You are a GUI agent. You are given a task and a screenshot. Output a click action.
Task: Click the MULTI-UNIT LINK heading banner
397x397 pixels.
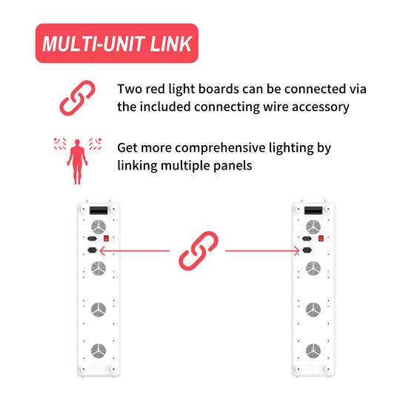(117, 43)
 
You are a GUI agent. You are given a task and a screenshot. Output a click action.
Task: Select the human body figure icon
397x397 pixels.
(78, 161)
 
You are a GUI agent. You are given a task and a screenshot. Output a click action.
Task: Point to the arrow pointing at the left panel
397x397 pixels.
(135, 251)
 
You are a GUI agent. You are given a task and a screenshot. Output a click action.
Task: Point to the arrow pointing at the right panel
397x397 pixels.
(262, 251)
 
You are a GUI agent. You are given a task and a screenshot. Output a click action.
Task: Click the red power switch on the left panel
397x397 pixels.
(107, 238)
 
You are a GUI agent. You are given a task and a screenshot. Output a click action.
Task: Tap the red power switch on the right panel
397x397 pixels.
(321, 238)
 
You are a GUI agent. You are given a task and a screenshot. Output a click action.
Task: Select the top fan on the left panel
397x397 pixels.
(99, 227)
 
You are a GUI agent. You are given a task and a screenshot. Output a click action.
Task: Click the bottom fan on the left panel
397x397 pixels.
(99, 350)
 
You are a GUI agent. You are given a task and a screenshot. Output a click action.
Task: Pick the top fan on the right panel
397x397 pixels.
(313, 227)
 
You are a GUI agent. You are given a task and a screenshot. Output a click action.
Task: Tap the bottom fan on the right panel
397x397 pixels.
(313, 350)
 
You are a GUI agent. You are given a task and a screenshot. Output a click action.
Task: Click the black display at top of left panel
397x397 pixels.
(99, 210)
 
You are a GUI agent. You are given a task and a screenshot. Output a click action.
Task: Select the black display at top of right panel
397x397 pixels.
(313, 210)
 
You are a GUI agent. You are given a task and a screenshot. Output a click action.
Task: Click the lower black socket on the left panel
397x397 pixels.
(92, 250)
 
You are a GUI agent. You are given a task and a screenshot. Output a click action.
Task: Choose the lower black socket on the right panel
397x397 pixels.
(307, 250)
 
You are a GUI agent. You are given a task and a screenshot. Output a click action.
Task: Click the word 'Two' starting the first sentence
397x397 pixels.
(128, 89)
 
